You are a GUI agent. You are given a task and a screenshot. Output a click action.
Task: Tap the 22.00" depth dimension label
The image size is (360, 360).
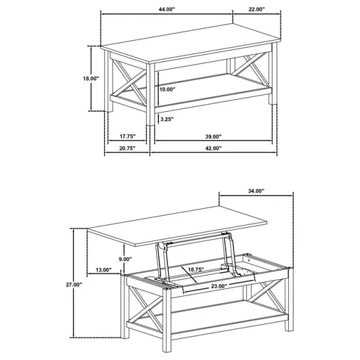pyautogui.click(x=256, y=10)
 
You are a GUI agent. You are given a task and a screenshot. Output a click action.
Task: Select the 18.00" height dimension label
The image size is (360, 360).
pyautogui.click(x=91, y=79)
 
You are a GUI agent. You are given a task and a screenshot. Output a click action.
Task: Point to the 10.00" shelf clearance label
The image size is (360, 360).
pyautogui.click(x=167, y=90)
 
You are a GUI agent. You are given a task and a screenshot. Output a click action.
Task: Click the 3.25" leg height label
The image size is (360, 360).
pyautogui.click(x=167, y=120)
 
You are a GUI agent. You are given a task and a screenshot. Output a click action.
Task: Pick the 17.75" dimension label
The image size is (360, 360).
pyautogui.click(x=127, y=136)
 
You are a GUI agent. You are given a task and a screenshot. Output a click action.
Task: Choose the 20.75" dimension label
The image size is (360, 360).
pyautogui.click(x=127, y=149)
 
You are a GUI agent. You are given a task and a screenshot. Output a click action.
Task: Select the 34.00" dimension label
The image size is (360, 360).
pyautogui.click(x=255, y=191)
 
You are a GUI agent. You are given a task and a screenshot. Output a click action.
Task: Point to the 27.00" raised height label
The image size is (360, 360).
pyautogui.click(x=73, y=285)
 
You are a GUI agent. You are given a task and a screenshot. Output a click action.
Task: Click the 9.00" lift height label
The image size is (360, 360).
pyautogui.click(x=125, y=259)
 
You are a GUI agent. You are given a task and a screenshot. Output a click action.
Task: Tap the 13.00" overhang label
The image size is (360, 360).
pyautogui.click(x=103, y=270)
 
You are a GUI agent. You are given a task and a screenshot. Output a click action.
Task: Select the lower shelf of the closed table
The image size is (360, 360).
pyautogui.click(x=211, y=88)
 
